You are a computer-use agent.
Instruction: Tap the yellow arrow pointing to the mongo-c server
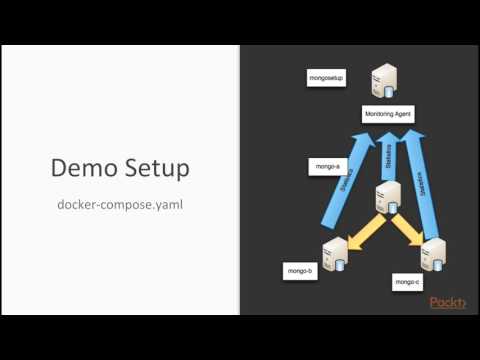click(x=407, y=229)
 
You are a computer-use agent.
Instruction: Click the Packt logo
click(x=448, y=303)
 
